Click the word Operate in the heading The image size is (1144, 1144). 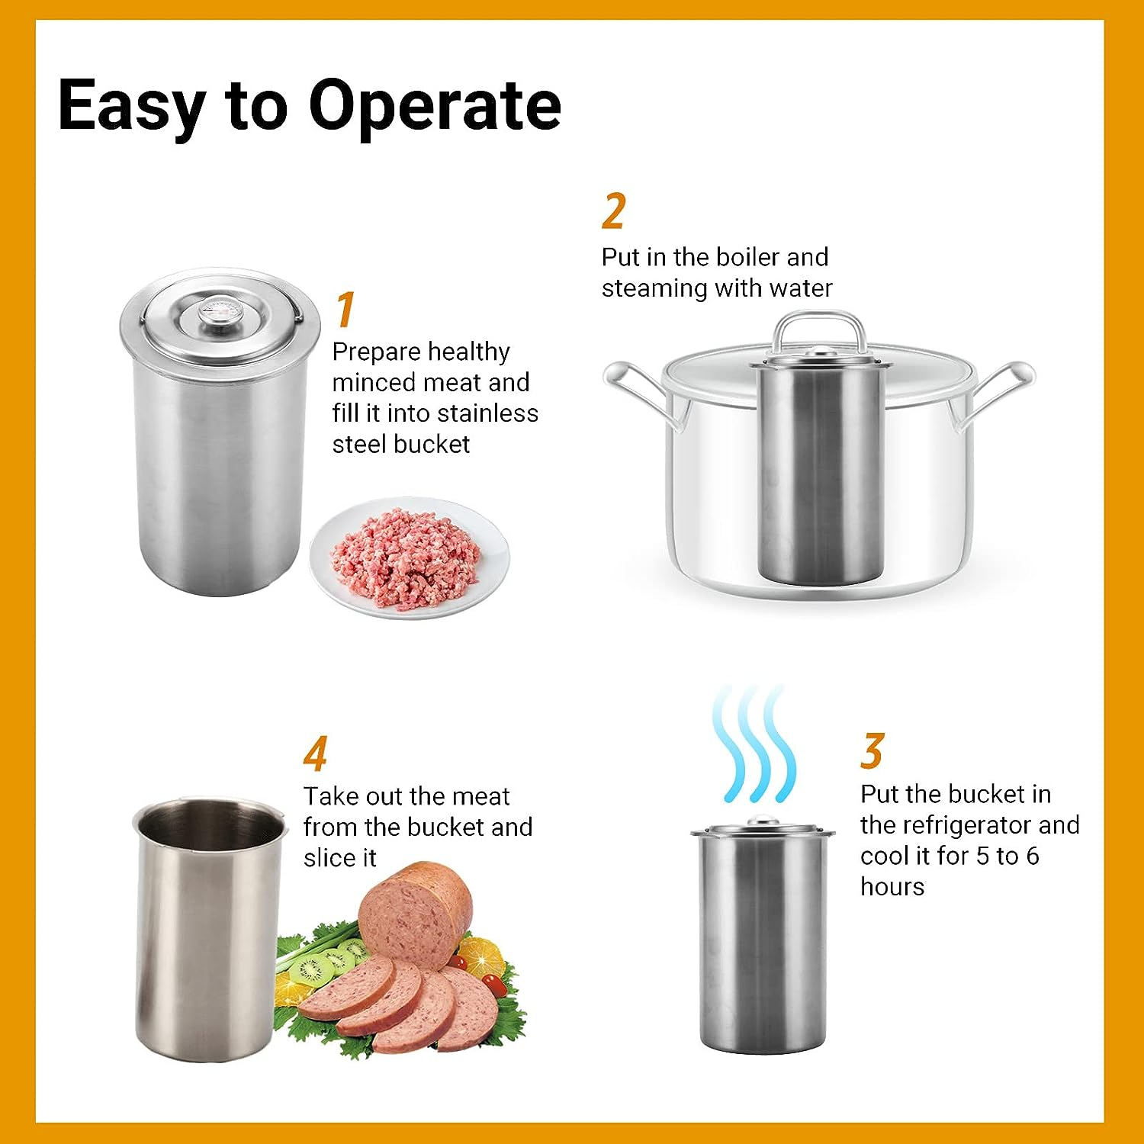click(x=435, y=107)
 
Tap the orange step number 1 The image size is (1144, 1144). click(x=345, y=309)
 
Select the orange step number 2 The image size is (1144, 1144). click(x=613, y=211)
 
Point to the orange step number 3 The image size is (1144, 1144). click(x=872, y=751)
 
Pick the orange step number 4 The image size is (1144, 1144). click(x=315, y=754)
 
